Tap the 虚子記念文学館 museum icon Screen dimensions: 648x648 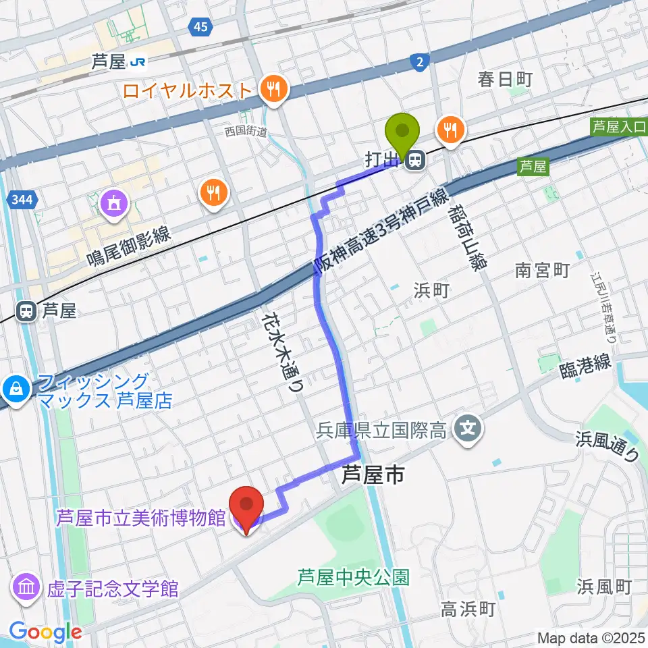click(26, 587)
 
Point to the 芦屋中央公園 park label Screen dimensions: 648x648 click(354, 578)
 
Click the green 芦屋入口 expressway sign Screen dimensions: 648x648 click(618, 126)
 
